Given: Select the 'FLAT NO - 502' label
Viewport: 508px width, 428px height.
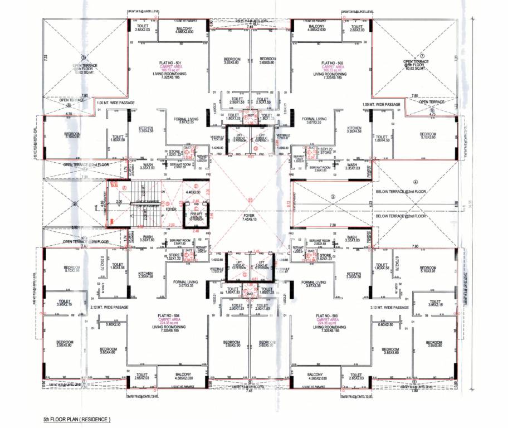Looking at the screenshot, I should [333, 63].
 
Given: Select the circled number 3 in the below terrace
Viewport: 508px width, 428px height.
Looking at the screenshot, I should [333, 196].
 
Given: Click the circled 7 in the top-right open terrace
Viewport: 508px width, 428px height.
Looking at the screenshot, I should [422, 56].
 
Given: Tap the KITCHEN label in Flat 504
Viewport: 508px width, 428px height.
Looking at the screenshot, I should [145, 274].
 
